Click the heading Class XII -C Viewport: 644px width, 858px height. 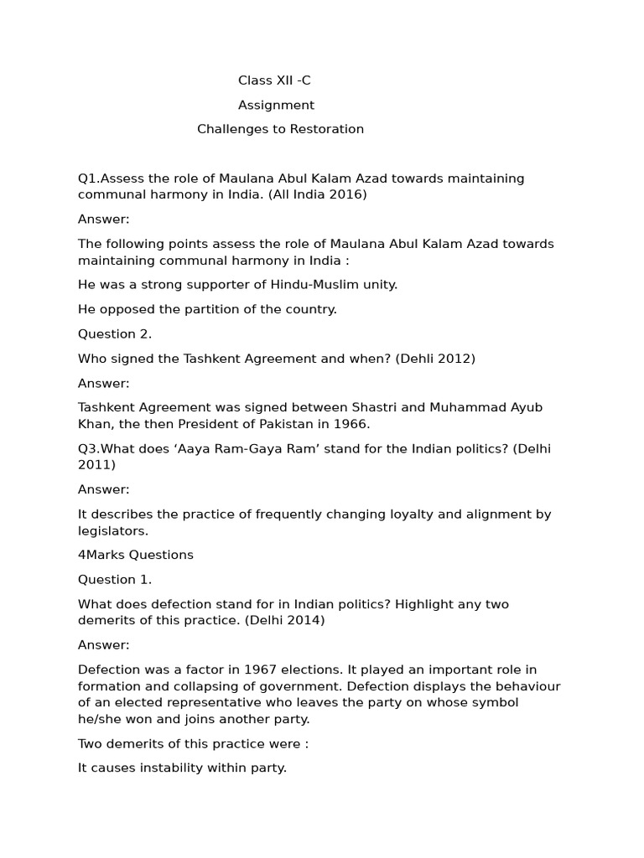(x=274, y=80)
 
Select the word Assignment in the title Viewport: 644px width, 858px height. (x=276, y=105)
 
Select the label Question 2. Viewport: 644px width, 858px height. (x=115, y=333)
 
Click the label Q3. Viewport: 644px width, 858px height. (x=88, y=448)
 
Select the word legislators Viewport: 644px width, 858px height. (x=112, y=530)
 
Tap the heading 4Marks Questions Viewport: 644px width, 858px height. (x=136, y=555)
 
